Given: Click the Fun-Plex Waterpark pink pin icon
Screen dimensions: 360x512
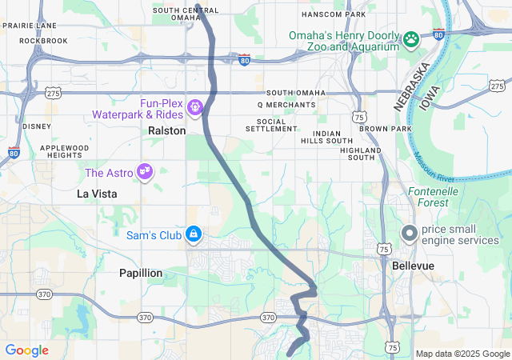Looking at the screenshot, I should click(x=194, y=106).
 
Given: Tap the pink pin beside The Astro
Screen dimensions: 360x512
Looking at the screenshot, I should click(x=145, y=172).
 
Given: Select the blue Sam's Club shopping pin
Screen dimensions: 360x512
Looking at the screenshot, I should click(x=193, y=234).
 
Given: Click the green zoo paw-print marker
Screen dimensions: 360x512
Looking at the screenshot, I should click(x=411, y=39).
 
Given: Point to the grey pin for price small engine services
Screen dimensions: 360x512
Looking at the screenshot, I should click(x=408, y=234).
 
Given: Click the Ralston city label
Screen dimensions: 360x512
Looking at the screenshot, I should click(x=167, y=130).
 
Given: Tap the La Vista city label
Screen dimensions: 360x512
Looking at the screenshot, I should click(x=97, y=194).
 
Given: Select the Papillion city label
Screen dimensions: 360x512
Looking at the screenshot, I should click(x=141, y=273).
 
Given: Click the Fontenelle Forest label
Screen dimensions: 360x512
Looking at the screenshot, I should click(x=433, y=197).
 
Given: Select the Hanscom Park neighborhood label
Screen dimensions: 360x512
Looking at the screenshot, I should click(x=334, y=14).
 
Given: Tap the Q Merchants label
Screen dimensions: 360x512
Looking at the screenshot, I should click(x=286, y=105).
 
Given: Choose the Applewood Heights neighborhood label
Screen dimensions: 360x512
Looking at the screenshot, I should click(x=65, y=151).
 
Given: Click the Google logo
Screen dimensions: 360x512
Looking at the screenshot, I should click(x=26, y=350).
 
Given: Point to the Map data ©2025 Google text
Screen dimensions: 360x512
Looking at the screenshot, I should click(x=462, y=354).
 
